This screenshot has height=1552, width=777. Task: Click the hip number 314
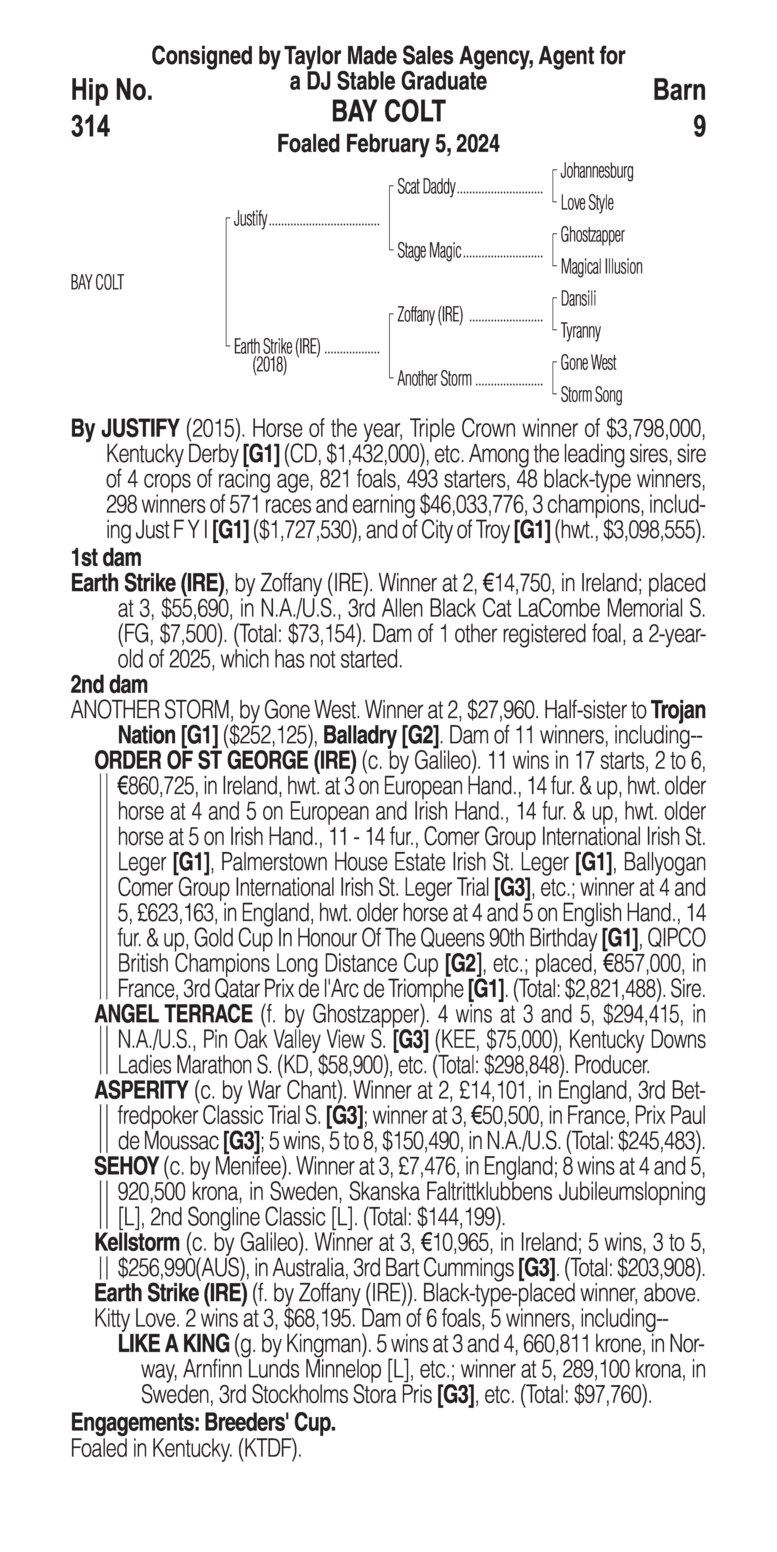(90, 127)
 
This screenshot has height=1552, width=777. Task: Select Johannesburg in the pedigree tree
(596, 171)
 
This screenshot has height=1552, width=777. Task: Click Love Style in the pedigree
(587, 203)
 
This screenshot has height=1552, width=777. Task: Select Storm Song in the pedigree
(591, 395)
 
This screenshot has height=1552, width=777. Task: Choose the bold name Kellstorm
(137, 1242)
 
